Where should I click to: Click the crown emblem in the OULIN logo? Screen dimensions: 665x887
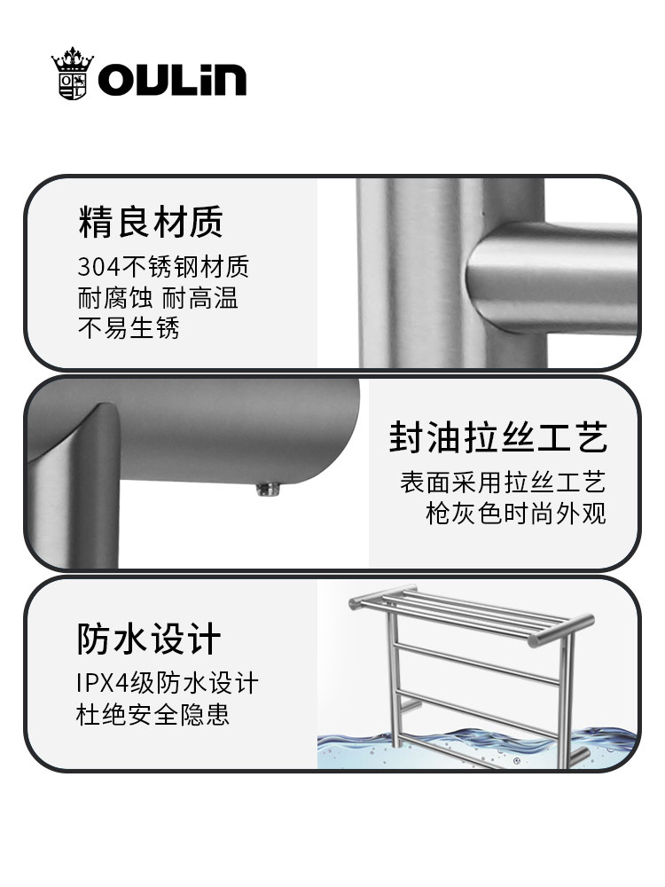pyautogui.click(x=73, y=75)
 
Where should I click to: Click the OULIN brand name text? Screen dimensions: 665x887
pyautogui.click(x=172, y=80)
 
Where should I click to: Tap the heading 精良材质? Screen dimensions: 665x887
pyautogui.click(x=150, y=222)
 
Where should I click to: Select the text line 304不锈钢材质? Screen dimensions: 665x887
pyautogui.click(x=163, y=266)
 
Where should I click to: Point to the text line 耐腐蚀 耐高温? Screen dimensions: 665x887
pyautogui.click(x=158, y=297)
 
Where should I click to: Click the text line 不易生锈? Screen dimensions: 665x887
pyautogui.click(x=129, y=328)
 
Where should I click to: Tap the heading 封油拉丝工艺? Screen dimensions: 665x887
pyautogui.click(x=497, y=438)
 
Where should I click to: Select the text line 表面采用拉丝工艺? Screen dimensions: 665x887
pyautogui.click(x=503, y=483)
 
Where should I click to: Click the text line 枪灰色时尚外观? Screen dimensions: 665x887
pyautogui.click(x=516, y=514)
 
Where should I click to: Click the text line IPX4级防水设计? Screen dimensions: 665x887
pyautogui.click(x=168, y=683)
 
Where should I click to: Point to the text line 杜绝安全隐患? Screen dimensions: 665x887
pyautogui.click(x=153, y=714)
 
